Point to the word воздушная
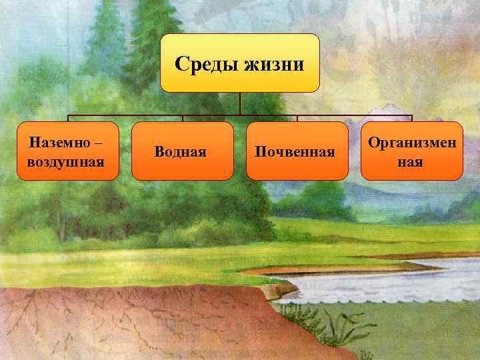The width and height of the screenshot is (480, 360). click(x=66, y=161)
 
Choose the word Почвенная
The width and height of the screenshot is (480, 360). click(x=295, y=151)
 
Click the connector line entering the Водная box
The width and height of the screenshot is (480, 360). click(x=183, y=117)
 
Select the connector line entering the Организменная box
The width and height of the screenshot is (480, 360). click(x=412, y=117)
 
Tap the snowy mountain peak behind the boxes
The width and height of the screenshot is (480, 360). click(x=381, y=110)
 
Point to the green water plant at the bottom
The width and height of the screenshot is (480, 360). click(x=333, y=323)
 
